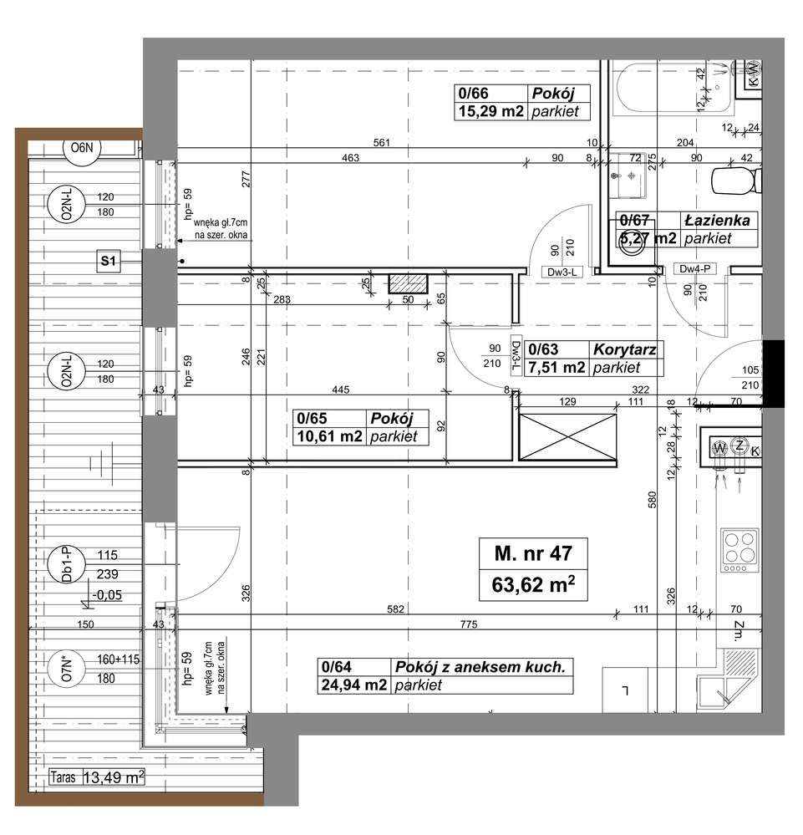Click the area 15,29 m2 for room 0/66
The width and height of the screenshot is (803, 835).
490,111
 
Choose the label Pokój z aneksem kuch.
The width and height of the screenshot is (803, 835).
481,667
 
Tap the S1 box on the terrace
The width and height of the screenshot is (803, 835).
108,262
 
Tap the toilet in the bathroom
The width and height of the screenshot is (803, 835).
734,178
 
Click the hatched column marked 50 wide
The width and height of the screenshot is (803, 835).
409,283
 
